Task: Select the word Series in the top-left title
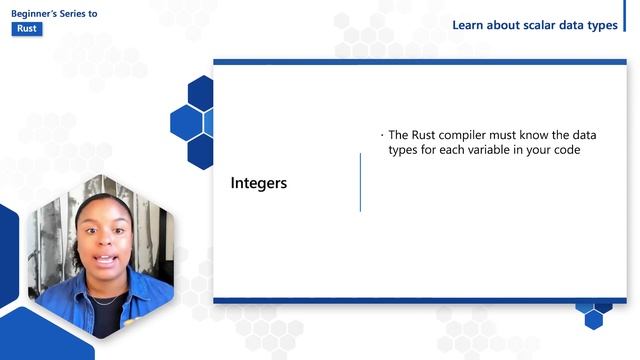[83, 13]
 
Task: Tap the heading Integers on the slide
[259, 183]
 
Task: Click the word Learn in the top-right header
[469, 25]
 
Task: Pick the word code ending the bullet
[565, 150]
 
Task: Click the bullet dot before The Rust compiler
[381, 135]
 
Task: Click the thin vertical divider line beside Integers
[360, 182]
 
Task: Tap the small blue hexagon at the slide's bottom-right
[594, 319]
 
